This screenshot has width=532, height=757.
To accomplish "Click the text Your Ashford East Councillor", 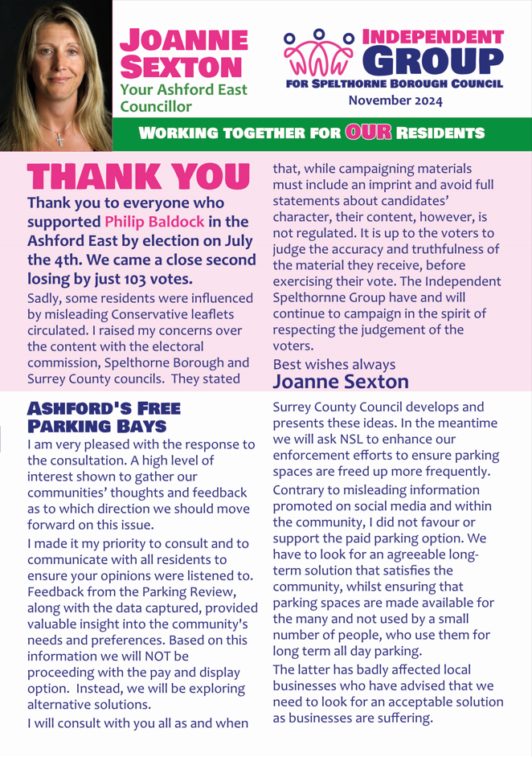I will click(183, 98).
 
